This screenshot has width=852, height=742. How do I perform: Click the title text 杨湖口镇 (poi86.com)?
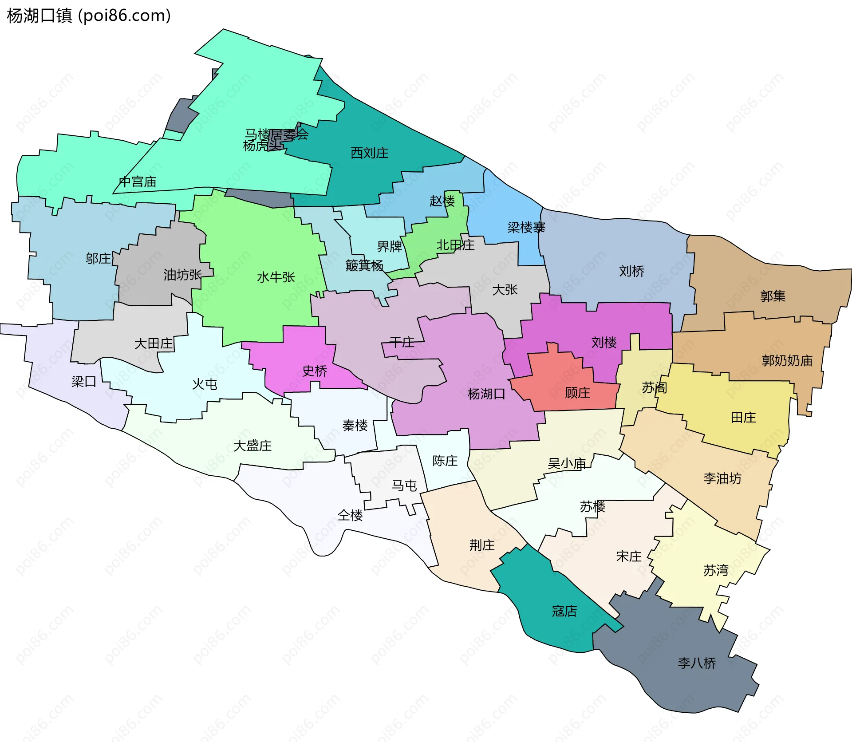click(x=89, y=16)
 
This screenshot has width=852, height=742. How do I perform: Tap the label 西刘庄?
click(x=369, y=153)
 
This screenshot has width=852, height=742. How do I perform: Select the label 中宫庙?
click(x=138, y=182)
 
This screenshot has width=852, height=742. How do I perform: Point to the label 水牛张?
click(x=276, y=277)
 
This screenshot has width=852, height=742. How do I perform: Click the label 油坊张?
click(x=182, y=275)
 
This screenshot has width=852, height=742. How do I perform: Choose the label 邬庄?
click(x=98, y=258)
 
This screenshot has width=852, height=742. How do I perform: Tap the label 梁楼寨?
click(x=526, y=228)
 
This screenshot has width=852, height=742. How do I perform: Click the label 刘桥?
click(x=631, y=271)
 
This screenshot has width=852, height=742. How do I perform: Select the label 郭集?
click(x=773, y=296)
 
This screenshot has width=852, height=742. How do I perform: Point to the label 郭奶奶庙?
click(x=787, y=360)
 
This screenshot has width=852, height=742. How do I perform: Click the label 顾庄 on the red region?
click(x=577, y=393)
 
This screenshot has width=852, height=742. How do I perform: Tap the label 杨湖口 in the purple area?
click(x=486, y=394)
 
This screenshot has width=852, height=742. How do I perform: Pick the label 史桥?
click(x=314, y=371)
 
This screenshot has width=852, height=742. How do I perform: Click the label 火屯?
click(x=205, y=384)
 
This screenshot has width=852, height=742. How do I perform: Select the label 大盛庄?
click(x=252, y=446)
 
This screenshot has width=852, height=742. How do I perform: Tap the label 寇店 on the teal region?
click(x=564, y=611)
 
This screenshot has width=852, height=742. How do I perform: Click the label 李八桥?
click(x=697, y=663)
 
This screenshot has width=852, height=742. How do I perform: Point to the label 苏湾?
click(x=715, y=570)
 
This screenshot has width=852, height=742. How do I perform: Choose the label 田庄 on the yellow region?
click(x=743, y=418)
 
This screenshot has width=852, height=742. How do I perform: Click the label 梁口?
click(x=83, y=382)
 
